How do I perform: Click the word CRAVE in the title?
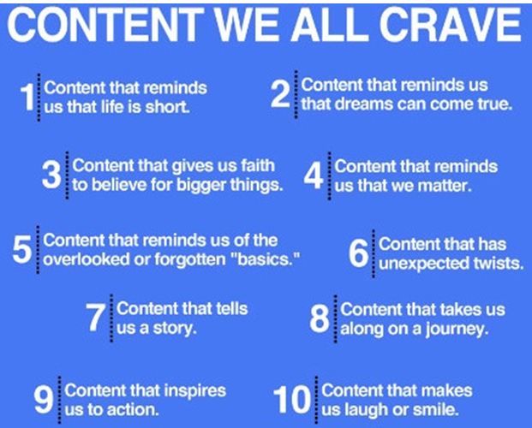coord(451,24)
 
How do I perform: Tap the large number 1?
coord(27,98)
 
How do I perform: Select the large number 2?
coord(281,95)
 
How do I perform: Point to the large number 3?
coord(51,175)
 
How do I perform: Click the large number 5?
coord(22,250)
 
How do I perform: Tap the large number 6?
coord(359,253)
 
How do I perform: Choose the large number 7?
coord(95,318)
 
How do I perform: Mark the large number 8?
coord(320,318)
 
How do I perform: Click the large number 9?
coord(44,401)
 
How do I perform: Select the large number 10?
coord(292,401)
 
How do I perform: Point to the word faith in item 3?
coord(258,165)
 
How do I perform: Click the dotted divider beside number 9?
coord(60,401)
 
